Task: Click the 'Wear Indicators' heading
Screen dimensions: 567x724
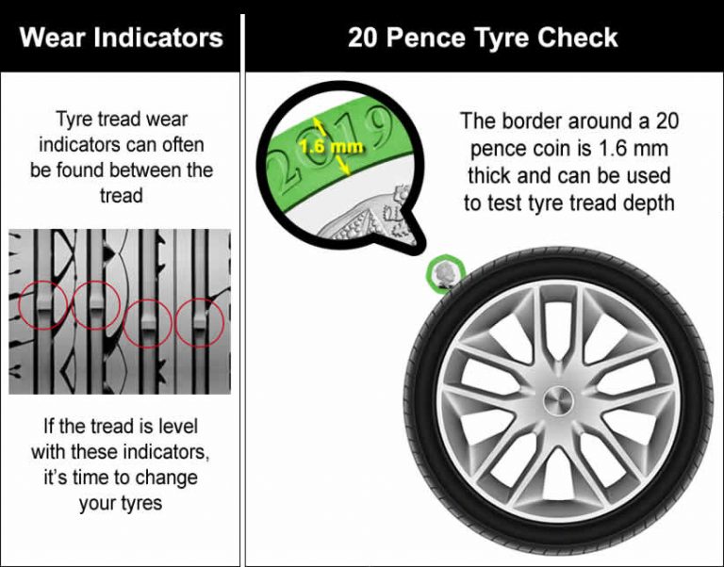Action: (x=121, y=38)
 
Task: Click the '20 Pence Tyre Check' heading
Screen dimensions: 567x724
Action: (x=483, y=38)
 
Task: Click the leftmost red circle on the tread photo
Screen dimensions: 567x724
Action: (x=42, y=303)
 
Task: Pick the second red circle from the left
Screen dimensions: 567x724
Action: (x=95, y=303)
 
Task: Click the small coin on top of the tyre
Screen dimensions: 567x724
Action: (x=445, y=274)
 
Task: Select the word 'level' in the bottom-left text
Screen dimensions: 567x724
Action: (x=175, y=427)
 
